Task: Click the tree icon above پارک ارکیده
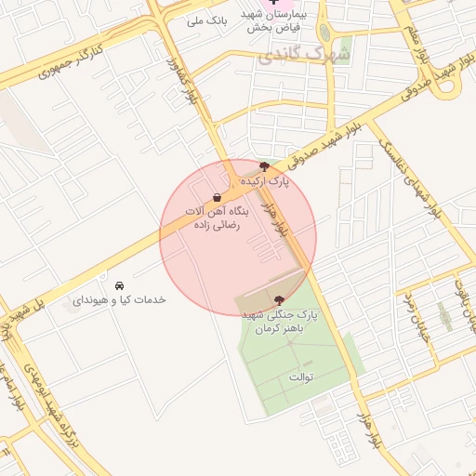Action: tap(264, 165)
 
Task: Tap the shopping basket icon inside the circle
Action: tap(217, 197)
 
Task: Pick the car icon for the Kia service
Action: tap(118, 284)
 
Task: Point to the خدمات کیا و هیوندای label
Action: tap(119, 300)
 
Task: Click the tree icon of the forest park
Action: tap(280, 299)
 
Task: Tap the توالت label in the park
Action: tap(302, 377)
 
